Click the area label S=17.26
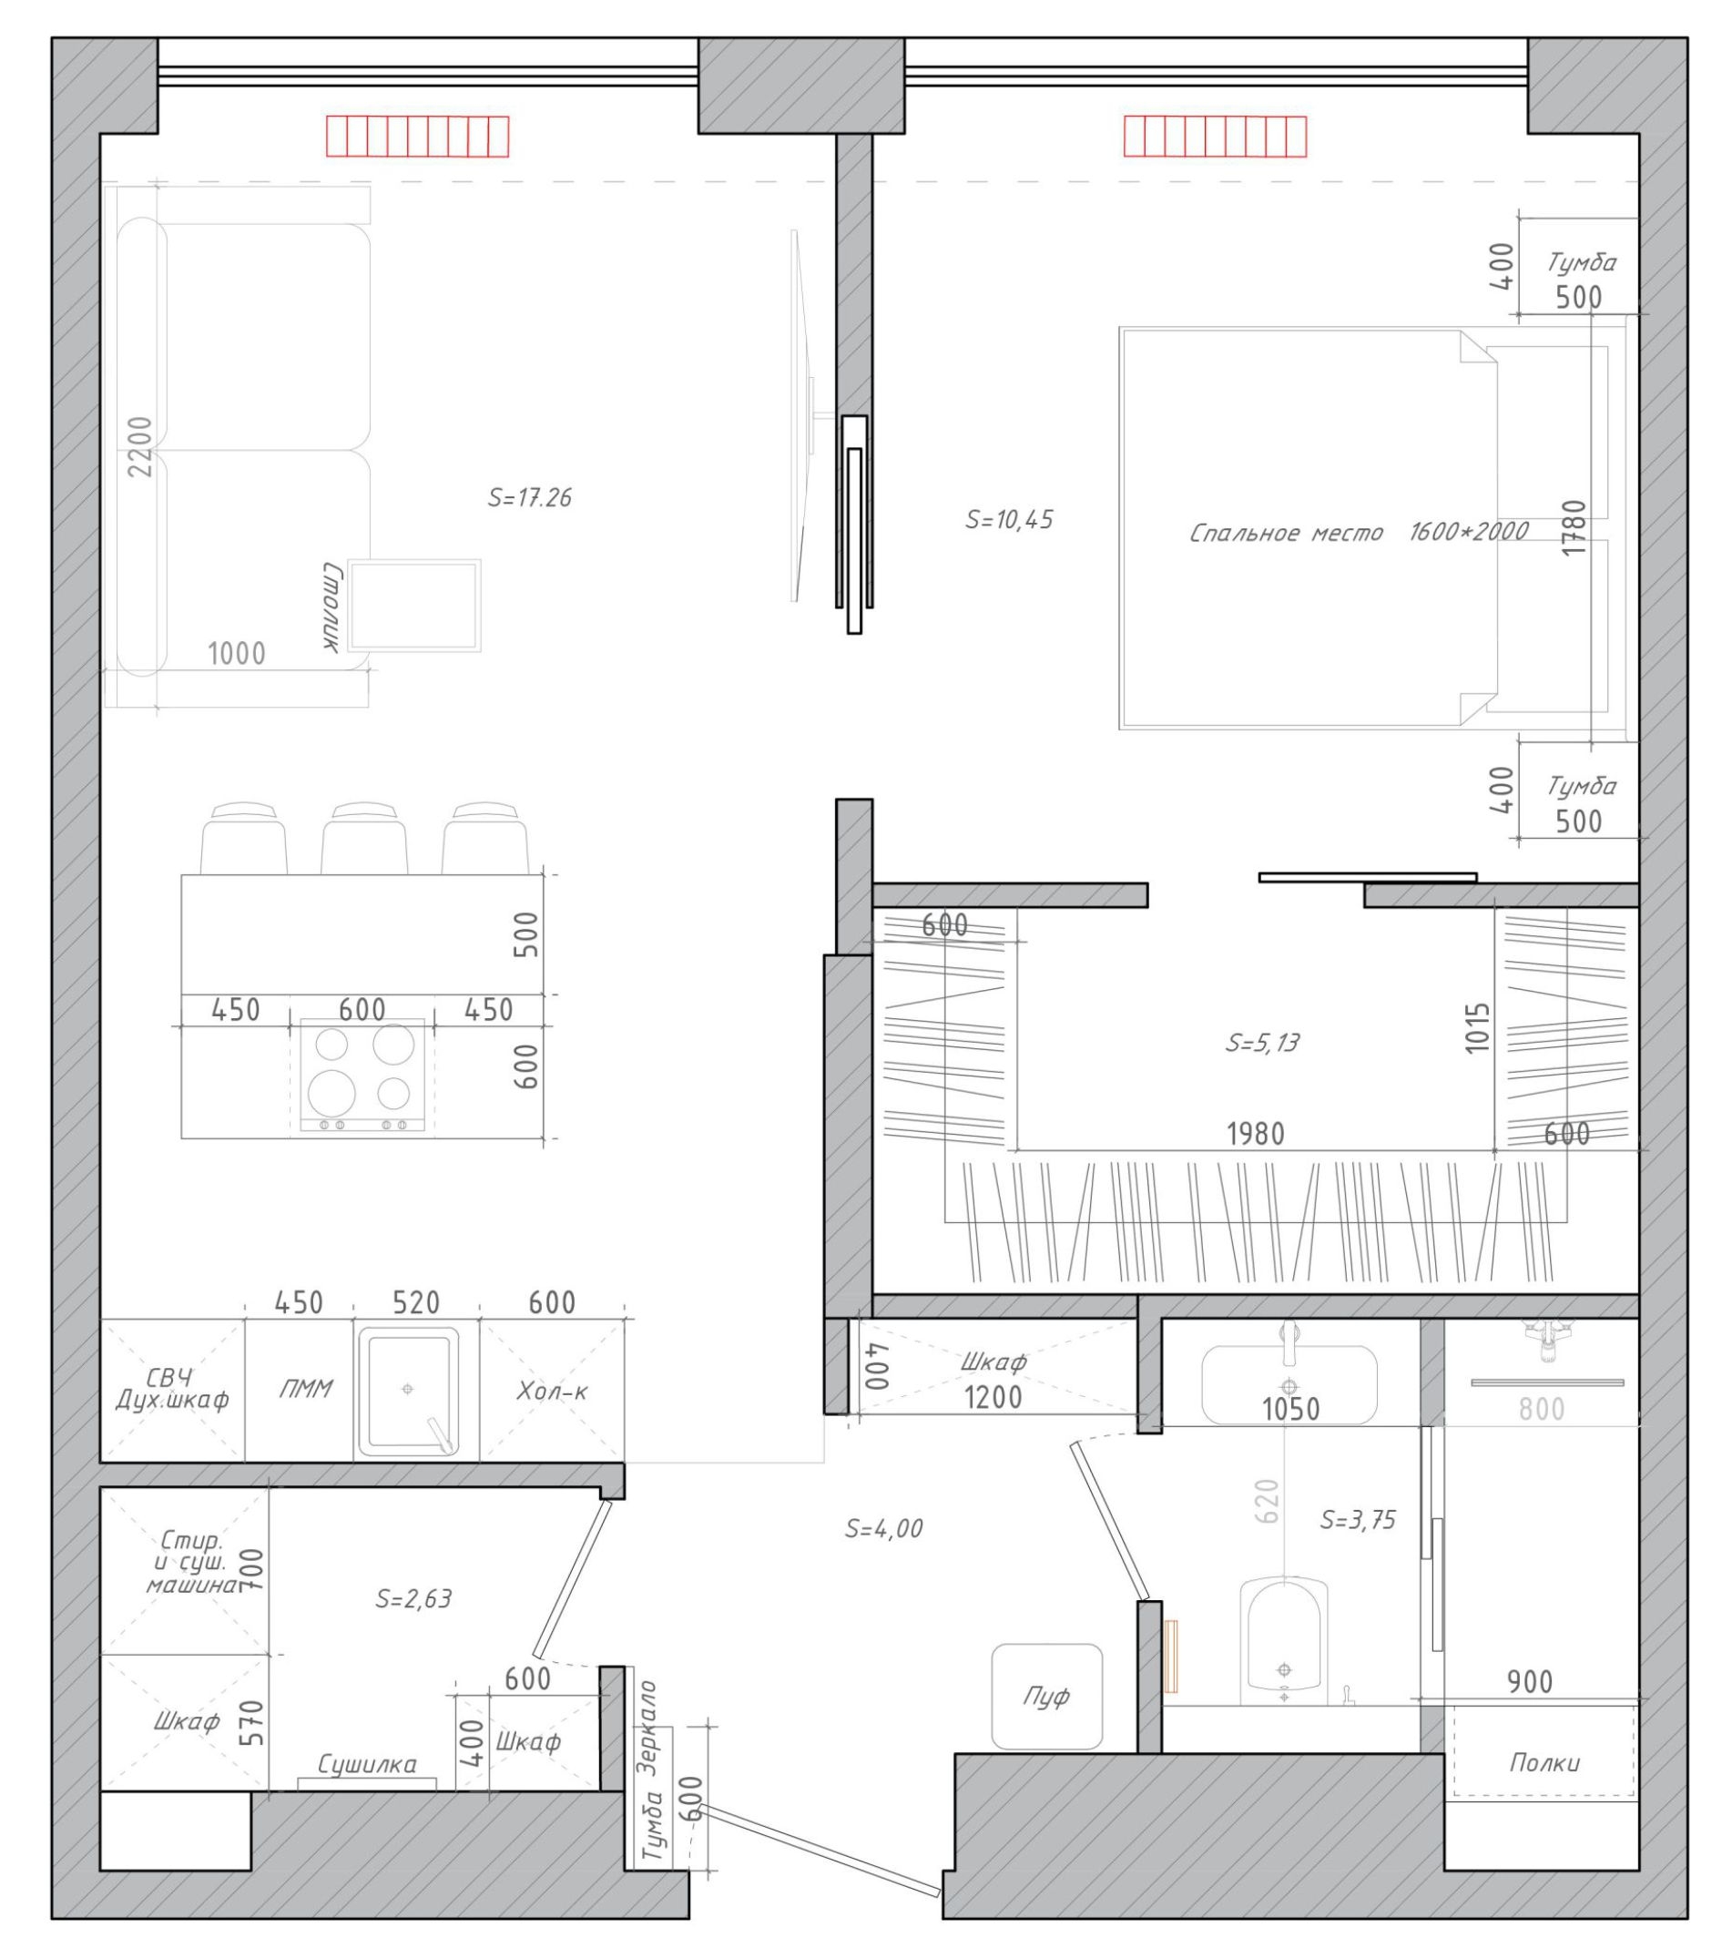coord(529,497)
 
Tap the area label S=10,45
coord(1009,519)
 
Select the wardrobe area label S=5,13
coord(1262,1043)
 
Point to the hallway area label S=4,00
coord(883,1529)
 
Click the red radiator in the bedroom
coord(1214,136)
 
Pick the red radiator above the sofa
coord(417,136)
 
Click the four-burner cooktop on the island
coord(362,1075)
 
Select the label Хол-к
coord(553,1391)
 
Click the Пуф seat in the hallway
coord(1046,1697)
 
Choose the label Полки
coord(1544,1762)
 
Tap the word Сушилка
coord(367,1764)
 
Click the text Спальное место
coord(1286,532)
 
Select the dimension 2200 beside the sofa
coord(140,447)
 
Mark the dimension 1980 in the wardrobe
coord(1255,1133)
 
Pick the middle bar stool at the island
coord(364,839)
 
